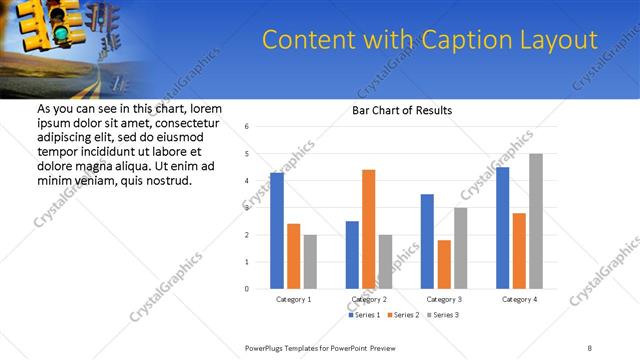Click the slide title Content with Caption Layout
429,40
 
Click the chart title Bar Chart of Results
402,111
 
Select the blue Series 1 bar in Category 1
277,230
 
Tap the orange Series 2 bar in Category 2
368,229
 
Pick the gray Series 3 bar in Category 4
536,221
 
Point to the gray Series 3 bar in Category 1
310,262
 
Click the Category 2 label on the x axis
369,299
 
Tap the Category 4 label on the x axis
519,299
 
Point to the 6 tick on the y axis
247,127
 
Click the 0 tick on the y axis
247,289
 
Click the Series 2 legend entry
403,315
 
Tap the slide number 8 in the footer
589,347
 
